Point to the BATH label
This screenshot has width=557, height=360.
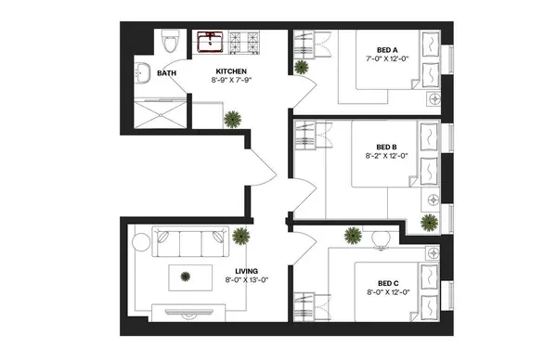pos(167,73)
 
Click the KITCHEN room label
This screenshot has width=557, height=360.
pos(231,71)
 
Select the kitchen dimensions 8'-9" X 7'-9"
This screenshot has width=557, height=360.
pos(231,81)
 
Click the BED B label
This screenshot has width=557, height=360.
pos(389,147)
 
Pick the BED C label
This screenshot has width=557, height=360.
pos(389,284)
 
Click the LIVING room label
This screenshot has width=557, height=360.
pos(246,270)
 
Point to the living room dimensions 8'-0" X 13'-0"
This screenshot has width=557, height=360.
pos(246,279)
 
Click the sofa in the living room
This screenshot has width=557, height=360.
pos(188,245)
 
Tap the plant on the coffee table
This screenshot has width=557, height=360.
pos(187,275)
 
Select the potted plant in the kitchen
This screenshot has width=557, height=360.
pos(231,118)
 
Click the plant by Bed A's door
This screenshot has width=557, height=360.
pos(301,68)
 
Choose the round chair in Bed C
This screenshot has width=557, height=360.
pos(381,238)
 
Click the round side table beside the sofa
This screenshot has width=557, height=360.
pos(140,241)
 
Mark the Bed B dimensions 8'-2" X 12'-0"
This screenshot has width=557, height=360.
pos(389,156)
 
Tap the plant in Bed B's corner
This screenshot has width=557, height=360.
pos(429,222)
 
